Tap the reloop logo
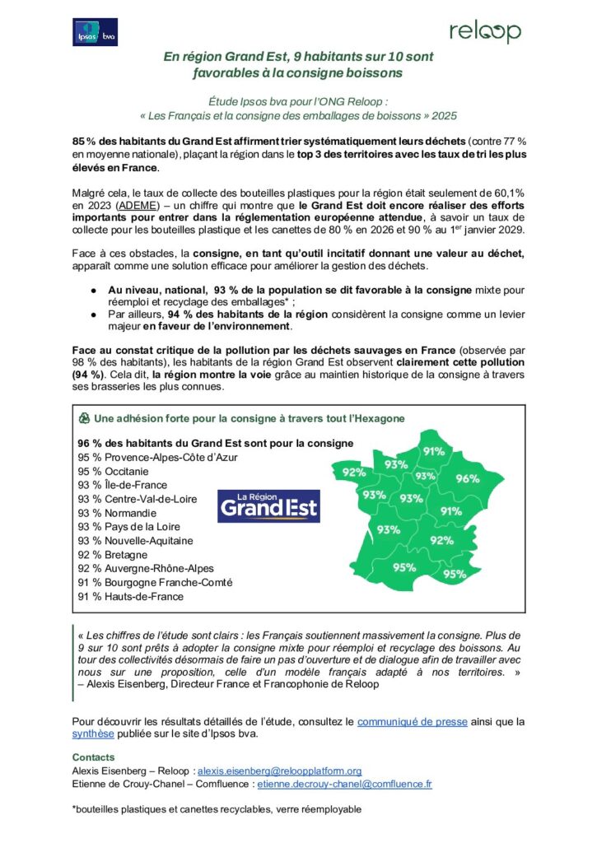click(x=484, y=31)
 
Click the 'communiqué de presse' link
click(x=412, y=721)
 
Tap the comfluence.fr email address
click(x=344, y=785)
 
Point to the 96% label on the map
click(x=467, y=478)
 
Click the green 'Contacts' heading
click(x=93, y=757)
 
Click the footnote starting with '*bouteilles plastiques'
click(x=217, y=809)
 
